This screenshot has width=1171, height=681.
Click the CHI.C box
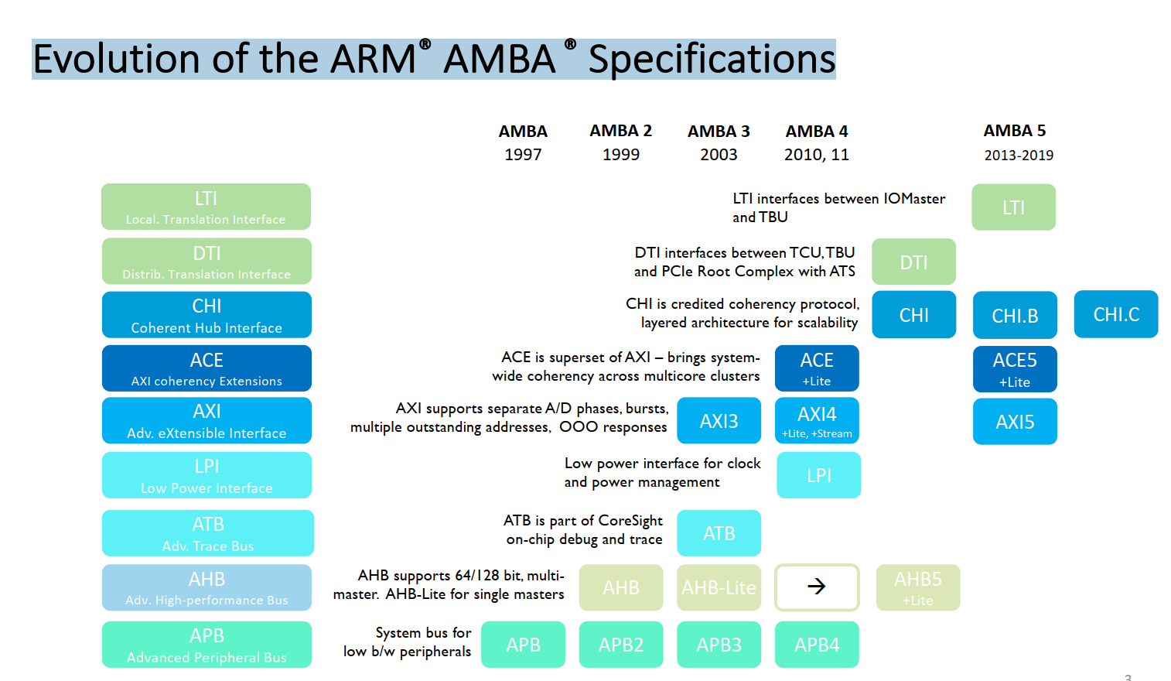1115,314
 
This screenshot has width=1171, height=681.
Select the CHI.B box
1015,315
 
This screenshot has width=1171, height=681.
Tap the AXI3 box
719,421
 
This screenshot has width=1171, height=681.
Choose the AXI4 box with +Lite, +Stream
817,421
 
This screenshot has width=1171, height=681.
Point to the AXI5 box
1015,422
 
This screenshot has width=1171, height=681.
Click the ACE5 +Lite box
1015,369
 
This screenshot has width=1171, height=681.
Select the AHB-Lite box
719,587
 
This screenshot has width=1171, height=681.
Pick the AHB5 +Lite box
918,587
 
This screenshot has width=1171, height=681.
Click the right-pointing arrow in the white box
817,587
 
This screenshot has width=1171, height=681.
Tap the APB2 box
621,644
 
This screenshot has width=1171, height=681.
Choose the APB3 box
719,644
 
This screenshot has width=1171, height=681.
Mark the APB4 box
817,644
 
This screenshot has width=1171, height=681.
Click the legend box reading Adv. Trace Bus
207,533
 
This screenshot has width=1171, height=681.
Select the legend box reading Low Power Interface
207,475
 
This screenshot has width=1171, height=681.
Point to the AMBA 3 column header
719,132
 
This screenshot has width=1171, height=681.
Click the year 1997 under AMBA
523,155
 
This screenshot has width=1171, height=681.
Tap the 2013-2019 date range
1019,156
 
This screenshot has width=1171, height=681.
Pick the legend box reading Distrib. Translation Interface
207,262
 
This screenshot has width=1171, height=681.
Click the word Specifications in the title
712,60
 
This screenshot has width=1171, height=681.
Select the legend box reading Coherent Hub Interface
207,315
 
